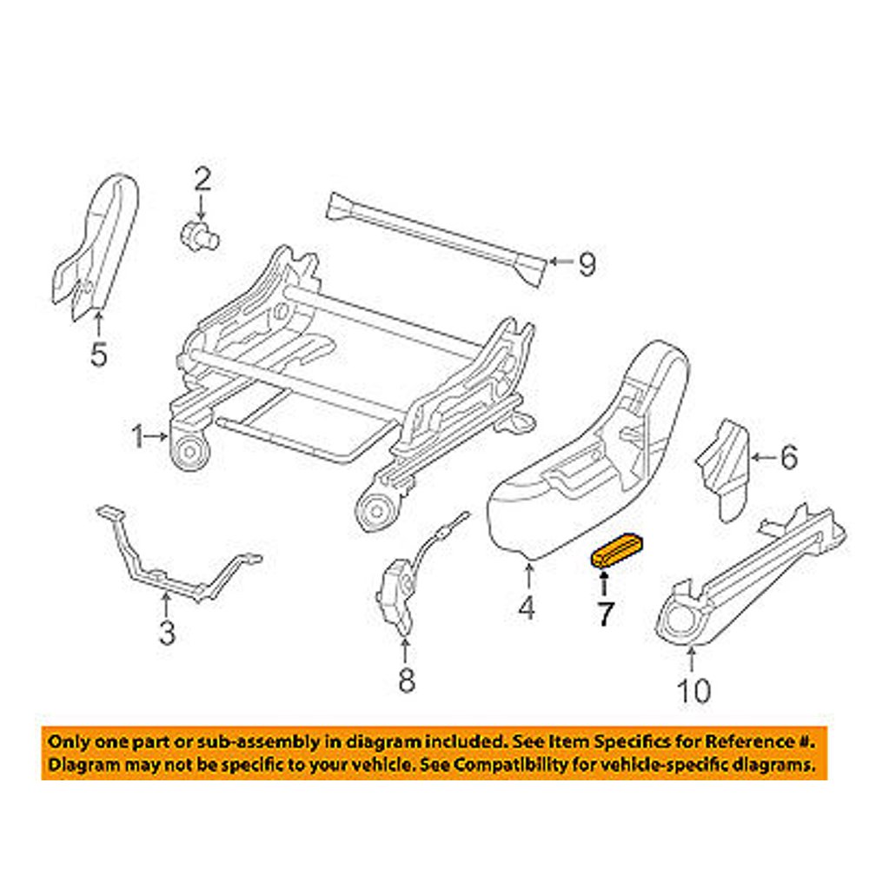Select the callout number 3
[x=167, y=633]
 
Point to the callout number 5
[x=99, y=354]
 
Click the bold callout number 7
[x=603, y=614]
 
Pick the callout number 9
[x=587, y=264]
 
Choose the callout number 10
[x=693, y=690]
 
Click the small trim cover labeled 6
[x=724, y=469]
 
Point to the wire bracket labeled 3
[x=174, y=561]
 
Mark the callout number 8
[x=406, y=682]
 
